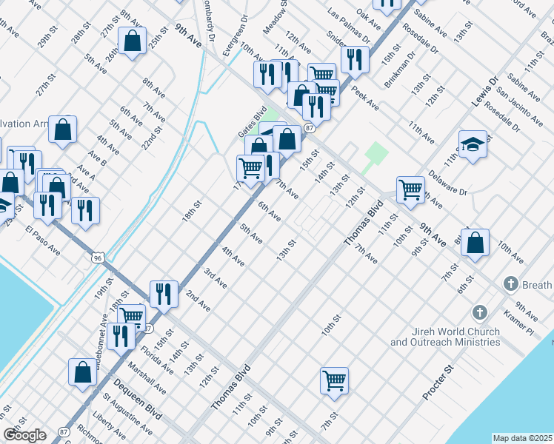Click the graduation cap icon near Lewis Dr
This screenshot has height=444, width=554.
pyautogui.click(x=473, y=145)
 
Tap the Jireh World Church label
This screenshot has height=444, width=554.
pyautogui.click(x=444, y=337)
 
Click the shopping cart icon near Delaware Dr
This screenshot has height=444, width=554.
pyautogui.click(x=410, y=189)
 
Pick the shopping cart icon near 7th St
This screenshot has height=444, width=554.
pyautogui.click(x=335, y=381)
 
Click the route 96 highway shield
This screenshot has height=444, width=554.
pyautogui.click(x=97, y=258)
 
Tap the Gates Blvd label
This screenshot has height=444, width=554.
pyautogui.click(x=249, y=121)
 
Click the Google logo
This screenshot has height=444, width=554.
pyautogui.click(x=24, y=434)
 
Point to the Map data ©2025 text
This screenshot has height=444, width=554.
pyautogui.click(x=522, y=438)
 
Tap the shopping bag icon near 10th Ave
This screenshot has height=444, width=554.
pyautogui.click(x=475, y=243)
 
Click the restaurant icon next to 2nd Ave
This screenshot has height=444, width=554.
pyautogui.click(x=164, y=293)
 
